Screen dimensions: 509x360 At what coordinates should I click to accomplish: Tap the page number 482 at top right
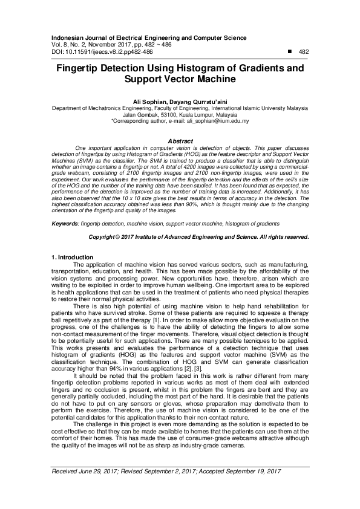click(304, 52)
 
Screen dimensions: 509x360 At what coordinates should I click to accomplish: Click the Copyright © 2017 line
click(198, 237)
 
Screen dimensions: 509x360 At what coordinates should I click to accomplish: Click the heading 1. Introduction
click(73, 258)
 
